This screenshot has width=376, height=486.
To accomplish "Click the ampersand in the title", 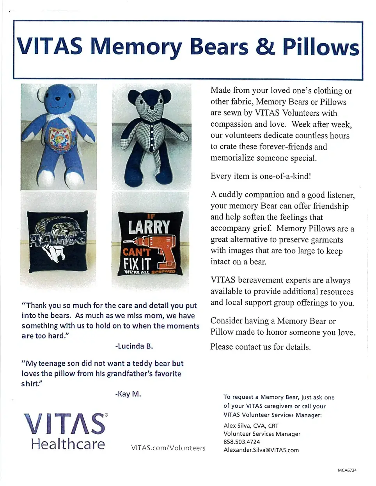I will click(x=265, y=46).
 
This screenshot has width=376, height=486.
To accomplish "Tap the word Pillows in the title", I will click(x=321, y=47).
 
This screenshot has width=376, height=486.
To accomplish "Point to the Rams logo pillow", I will click(x=59, y=240).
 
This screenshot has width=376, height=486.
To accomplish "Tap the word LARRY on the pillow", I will click(x=149, y=227).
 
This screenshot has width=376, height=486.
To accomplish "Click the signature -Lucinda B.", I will click(x=134, y=346).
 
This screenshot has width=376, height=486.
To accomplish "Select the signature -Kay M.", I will click(x=128, y=394).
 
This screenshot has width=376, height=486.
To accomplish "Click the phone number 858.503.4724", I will click(x=242, y=442).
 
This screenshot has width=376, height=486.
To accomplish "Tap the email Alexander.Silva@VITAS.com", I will click(x=261, y=450).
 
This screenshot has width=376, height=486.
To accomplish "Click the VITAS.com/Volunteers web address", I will click(x=168, y=448).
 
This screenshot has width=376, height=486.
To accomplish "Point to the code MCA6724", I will click(x=347, y=470).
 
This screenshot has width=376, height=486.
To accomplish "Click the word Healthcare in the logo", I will click(x=68, y=444).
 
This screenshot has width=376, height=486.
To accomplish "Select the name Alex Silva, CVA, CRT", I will click(x=251, y=426).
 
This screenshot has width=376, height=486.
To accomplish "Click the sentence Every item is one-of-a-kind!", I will click(x=261, y=176).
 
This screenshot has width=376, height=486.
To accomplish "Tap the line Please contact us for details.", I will click(x=261, y=347).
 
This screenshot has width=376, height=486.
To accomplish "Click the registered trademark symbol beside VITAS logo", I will click(x=106, y=415).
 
